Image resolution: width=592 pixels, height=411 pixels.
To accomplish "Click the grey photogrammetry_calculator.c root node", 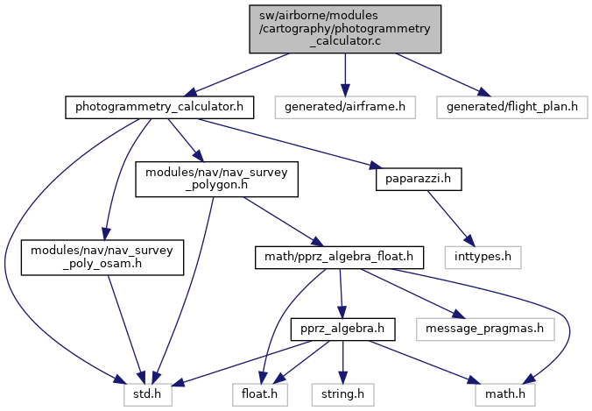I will (344, 29).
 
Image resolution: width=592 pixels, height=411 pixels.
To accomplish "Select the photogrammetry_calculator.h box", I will (159, 108).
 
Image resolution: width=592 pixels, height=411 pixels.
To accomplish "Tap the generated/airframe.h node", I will (344, 108).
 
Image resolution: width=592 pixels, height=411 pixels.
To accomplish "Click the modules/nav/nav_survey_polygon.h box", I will (215, 179).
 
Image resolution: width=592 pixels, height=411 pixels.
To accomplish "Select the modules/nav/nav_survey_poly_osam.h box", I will (103, 258).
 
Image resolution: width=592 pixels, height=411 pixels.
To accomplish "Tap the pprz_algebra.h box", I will (342, 330).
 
